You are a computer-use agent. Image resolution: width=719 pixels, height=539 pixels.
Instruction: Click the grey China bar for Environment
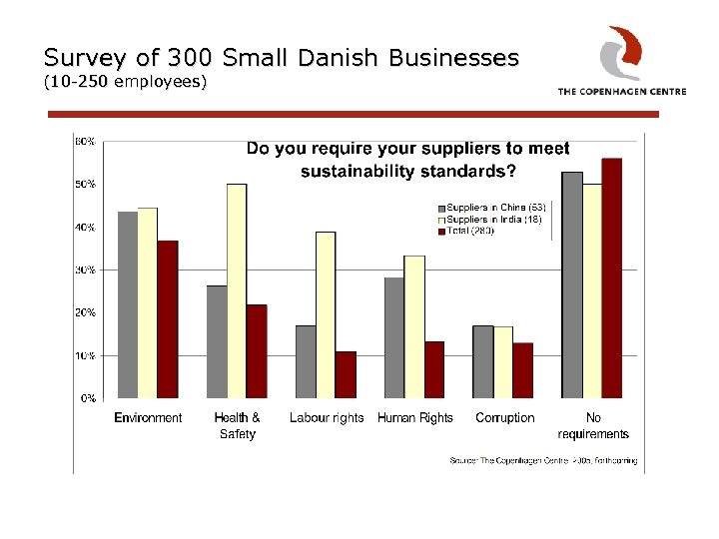pyautogui.click(x=127, y=304)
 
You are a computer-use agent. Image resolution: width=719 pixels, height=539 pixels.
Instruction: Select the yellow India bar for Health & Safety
pyautogui.click(x=237, y=290)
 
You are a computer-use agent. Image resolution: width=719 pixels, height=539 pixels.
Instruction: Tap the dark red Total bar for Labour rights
pyautogui.click(x=346, y=374)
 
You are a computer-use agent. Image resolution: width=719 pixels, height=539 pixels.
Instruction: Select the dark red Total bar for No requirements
pyautogui.click(x=611, y=277)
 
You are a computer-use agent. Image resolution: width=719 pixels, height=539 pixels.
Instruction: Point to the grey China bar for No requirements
pyautogui.click(x=571, y=284)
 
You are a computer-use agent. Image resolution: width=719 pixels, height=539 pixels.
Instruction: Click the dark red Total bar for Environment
pyautogui.click(x=168, y=318)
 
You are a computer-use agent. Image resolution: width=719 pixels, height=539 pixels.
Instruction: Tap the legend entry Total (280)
pyautogui.click(x=469, y=231)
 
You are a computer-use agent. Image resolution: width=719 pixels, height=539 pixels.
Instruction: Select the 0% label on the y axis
pyautogui.click(x=88, y=398)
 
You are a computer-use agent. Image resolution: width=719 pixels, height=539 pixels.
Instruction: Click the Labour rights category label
pyautogui.click(x=327, y=418)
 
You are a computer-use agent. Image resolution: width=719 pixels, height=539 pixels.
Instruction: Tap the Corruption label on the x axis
pyautogui.click(x=504, y=418)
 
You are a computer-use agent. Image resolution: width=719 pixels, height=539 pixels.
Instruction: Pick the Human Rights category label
pyautogui.click(x=414, y=418)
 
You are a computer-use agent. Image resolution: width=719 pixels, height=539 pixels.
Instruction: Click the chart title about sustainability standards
pyautogui.click(x=407, y=160)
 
